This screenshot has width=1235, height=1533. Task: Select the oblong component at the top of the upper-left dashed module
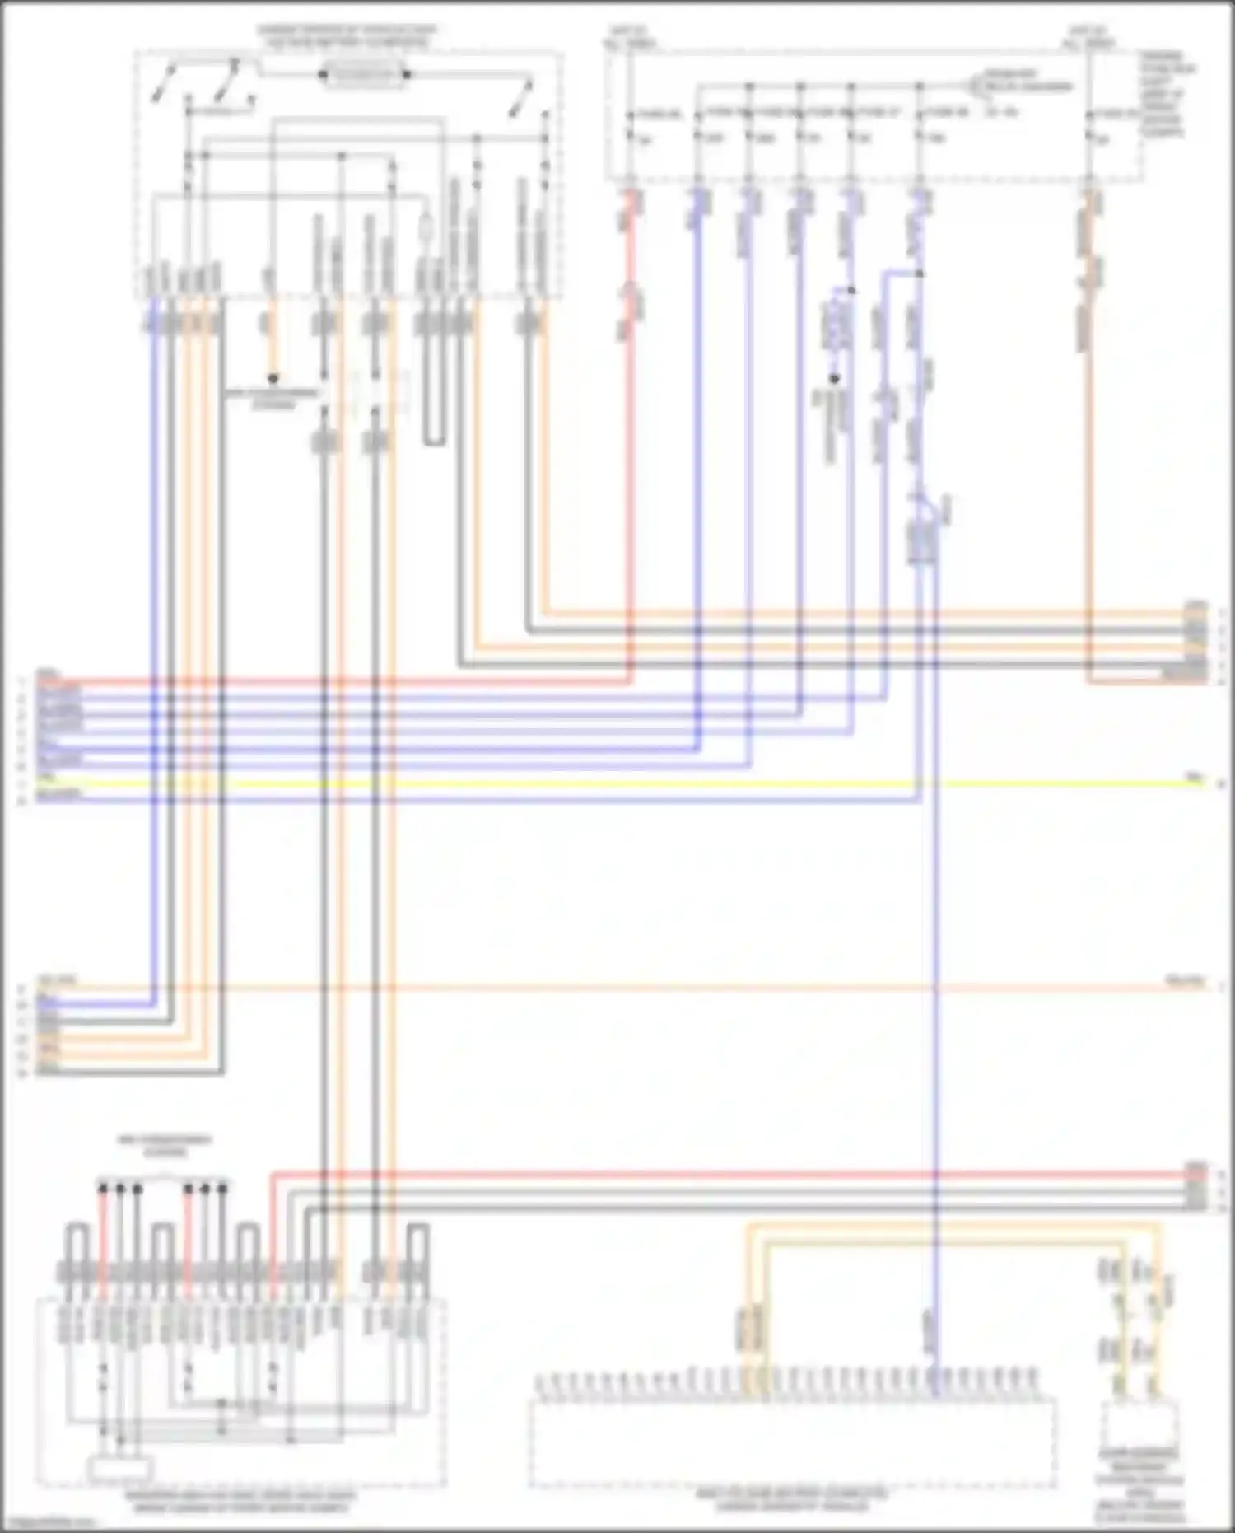coord(365,76)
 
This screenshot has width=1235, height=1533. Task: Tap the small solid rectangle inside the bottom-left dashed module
coord(121,1467)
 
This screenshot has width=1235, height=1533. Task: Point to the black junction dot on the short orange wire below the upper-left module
coord(273,379)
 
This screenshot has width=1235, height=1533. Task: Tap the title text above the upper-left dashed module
coord(347,35)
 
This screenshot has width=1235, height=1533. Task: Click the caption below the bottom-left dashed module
coord(240,1501)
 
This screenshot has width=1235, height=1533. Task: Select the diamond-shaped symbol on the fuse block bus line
coord(980,86)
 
